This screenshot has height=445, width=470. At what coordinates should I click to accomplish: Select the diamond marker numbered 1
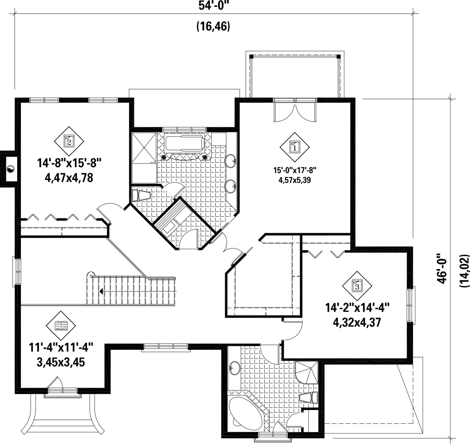coord(295,147)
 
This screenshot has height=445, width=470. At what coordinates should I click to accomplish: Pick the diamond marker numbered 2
coord(69,141)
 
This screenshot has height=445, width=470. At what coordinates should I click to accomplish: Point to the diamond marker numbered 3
coord(357,286)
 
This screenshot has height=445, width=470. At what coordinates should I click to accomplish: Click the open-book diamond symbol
coord(61,326)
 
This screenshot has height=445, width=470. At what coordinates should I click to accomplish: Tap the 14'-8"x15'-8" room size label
coord(69,163)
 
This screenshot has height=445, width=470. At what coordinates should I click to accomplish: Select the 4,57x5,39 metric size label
coord(295,180)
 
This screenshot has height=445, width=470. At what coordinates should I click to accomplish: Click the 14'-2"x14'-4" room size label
coord(357,307)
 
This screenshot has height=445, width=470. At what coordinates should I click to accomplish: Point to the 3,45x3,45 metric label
coord(61,363)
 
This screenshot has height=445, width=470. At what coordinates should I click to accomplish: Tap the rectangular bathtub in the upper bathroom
coord(185,143)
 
